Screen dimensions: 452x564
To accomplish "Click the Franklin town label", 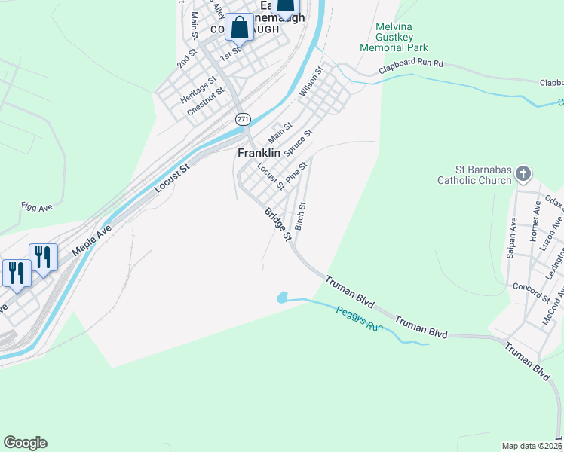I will [259, 153].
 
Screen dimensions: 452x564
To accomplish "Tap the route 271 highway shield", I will [242, 119].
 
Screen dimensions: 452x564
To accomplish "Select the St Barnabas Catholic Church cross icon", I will [523, 175].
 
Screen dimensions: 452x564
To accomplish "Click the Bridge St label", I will [277, 224].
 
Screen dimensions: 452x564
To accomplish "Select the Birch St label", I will [302, 216].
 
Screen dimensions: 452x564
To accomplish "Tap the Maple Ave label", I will [92, 240].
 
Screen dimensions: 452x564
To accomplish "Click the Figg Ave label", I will [35, 206].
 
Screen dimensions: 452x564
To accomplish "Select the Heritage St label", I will [198, 89].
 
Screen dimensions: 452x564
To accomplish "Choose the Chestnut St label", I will [207, 102].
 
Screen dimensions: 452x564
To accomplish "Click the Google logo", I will [25, 443].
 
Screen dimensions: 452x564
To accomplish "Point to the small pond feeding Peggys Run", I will [282, 298].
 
